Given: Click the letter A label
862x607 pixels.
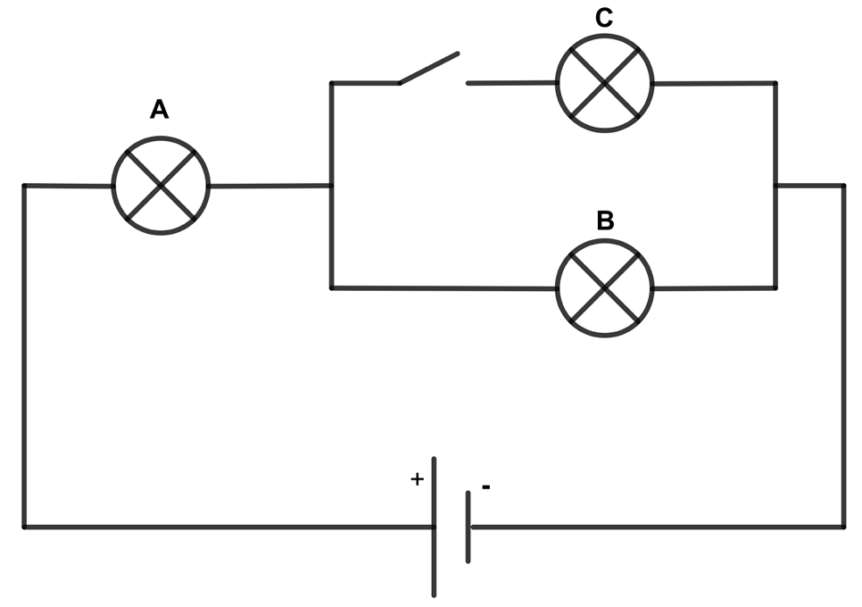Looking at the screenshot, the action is pos(159,110).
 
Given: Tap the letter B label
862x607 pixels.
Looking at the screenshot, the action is pos(605,220).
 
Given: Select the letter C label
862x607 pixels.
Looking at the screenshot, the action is pos(603,18).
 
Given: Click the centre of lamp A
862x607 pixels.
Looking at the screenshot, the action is pos(161,186).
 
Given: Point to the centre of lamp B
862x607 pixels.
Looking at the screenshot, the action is pos(605,287).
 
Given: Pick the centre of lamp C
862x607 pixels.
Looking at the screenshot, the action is pos(605,83).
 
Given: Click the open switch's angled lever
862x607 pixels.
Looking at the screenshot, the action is pos(429,68).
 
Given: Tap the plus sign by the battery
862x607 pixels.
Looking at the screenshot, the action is pos(418,479).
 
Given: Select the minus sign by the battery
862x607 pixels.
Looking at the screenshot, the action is pos(486,486).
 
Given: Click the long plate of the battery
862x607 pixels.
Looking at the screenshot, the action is pos(435,527).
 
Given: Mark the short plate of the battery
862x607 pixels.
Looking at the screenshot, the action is pos(468,527).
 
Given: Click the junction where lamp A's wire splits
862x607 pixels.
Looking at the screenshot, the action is pos(331,186).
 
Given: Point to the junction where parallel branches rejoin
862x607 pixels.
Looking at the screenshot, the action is pos(775,186).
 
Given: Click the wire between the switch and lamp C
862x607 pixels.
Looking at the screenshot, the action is pos(512,83).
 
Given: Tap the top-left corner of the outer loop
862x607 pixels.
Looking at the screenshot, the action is pos(24,186).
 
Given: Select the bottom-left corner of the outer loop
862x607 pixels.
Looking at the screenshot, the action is pos(24,528).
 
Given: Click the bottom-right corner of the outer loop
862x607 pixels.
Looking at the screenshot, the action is pos(843,528).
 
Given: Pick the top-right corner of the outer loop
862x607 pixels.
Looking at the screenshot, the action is pos(843,186).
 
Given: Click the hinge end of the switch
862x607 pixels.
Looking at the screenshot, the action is pos(400,83).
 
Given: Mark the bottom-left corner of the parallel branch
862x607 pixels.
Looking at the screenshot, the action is pos(331,287).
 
